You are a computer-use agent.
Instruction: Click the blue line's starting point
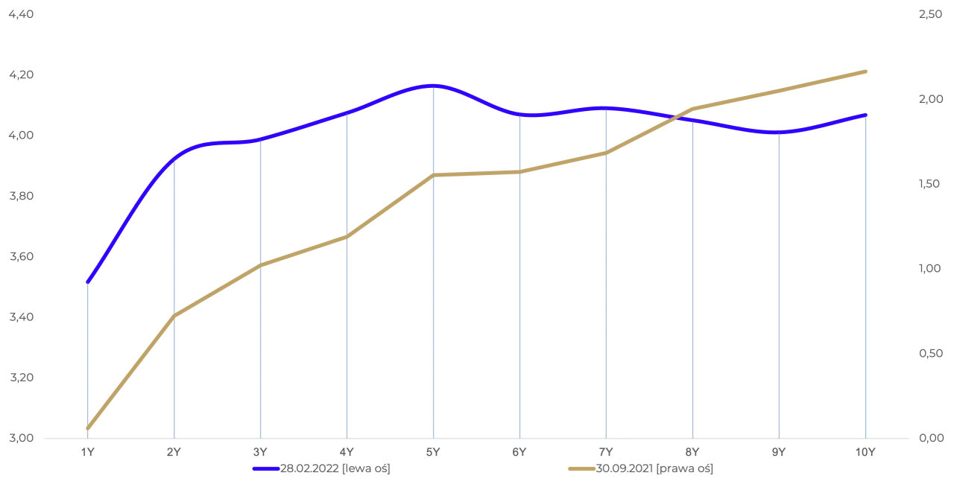[88, 282]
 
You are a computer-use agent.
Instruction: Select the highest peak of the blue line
[432, 86]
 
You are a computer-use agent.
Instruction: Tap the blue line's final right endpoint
[867, 114]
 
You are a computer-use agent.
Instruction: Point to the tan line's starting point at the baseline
[88, 429]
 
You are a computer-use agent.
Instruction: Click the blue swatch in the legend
[265, 469]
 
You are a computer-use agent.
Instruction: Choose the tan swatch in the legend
[581, 469]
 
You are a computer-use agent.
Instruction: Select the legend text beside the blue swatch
[337, 468]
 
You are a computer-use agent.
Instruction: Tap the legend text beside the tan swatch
[656, 468]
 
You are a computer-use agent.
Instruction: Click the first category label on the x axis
[88, 452]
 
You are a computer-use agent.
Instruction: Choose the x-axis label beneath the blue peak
[432, 452]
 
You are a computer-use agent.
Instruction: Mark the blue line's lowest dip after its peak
[778, 133]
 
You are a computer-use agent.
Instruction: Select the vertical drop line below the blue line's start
[88, 357]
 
